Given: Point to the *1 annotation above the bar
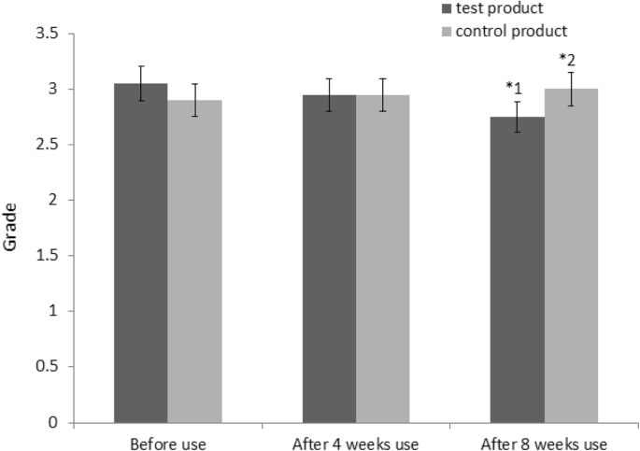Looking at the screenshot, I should click(x=513, y=87).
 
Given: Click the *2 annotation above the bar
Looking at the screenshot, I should click(x=567, y=59).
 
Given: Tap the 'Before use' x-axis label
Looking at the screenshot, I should click(x=167, y=440).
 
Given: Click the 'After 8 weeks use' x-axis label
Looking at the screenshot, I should click(x=544, y=440).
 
